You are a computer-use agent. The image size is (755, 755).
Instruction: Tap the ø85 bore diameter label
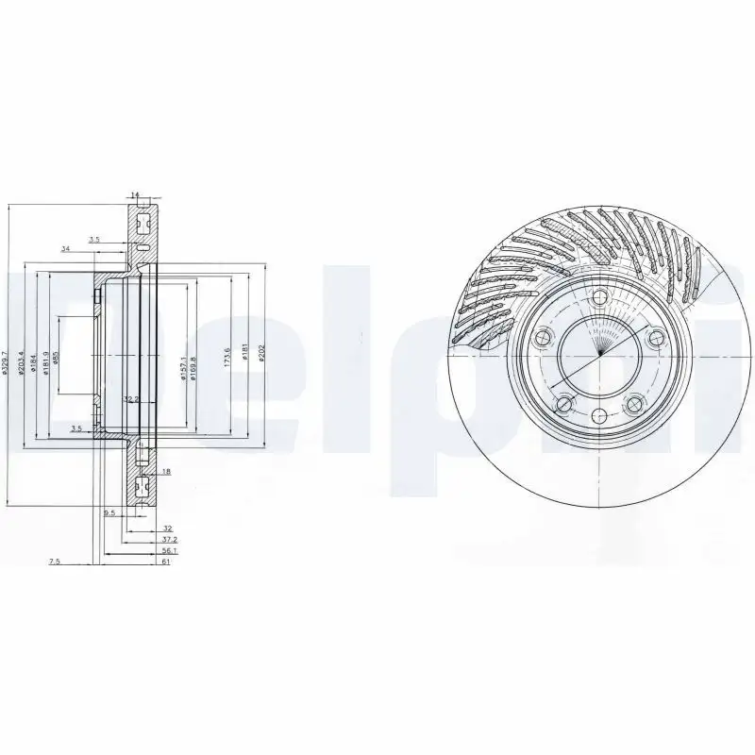coord(56,358)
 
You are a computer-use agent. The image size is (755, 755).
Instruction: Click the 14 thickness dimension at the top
coord(135,195)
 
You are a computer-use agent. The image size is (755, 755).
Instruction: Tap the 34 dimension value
coord(65,249)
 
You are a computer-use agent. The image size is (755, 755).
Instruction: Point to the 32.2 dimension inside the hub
coord(132,399)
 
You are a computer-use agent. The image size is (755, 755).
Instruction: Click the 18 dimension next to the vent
coord(165,471)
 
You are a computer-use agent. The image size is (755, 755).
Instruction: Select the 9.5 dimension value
coord(109,513)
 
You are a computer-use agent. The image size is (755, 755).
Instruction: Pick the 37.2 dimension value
coord(168,539)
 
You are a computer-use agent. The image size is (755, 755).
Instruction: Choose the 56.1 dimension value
coord(168,550)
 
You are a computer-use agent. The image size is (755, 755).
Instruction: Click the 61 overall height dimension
coord(165,562)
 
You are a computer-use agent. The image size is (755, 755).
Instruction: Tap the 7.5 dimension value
coord(54,562)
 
